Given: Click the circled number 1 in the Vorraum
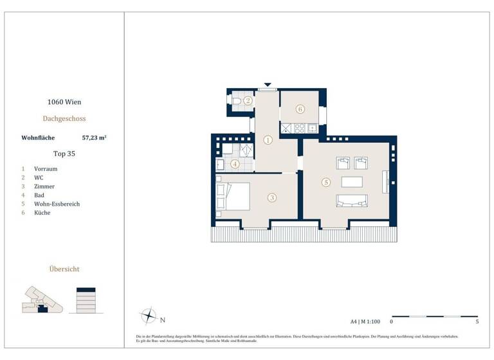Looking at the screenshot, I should [x=268, y=139].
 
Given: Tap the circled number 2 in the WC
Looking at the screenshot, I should [x=247, y=101].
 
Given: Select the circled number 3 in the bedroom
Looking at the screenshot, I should [x=272, y=198].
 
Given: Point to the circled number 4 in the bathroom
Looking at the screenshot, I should [x=235, y=164].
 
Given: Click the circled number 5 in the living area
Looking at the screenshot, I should [x=326, y=183].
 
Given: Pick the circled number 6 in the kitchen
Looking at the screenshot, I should [x=300, y=109].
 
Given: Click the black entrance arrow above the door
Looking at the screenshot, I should [x=268, y=85].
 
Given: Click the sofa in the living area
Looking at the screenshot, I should [x=351, y=202].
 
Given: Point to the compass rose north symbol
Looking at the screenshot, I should [x=149, y=316].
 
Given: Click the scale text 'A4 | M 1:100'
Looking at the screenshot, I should [x=365, y=320].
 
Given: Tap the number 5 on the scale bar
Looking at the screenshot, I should [x=477, y=321].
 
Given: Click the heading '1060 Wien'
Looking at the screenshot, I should [x=64, y=102].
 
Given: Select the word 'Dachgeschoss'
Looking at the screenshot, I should [x=64, y=118].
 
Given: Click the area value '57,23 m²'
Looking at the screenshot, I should [x=94, y=137].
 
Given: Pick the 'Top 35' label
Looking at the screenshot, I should [x=64, y=154].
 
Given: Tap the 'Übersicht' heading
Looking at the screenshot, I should [x=64, y=269].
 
